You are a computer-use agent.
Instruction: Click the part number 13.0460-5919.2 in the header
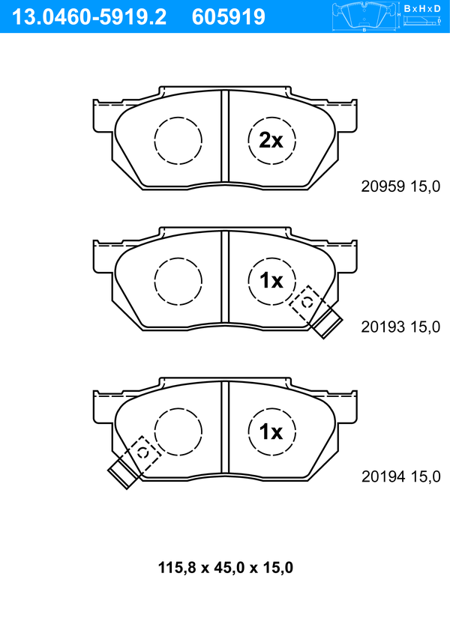tap(89, 17)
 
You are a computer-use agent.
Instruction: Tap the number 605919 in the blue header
tap(229, 17)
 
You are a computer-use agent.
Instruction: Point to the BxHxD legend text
tap(422, 8)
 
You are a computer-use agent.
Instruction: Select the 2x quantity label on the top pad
tap(271, 140)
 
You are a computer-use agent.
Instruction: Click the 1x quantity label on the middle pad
tap(271, 280)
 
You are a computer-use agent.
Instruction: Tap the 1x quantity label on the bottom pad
tap(271, 431)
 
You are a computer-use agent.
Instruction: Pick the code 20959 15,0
tap(400, 187)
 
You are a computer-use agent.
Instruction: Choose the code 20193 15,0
tap(400, 327)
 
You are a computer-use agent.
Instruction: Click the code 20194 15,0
tap(400, 476)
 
